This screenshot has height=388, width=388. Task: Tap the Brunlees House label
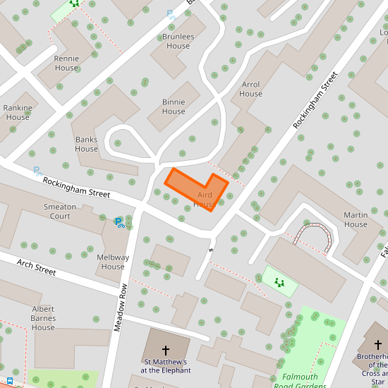(178, 41)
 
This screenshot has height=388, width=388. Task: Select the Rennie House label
(66, 63)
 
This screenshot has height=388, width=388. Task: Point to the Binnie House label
(174, 107)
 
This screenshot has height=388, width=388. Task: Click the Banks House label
(87, 144)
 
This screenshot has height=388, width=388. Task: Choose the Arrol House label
(250, 89)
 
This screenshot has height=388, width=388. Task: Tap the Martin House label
(356, 219)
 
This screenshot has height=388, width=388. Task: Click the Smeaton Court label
(60, 211)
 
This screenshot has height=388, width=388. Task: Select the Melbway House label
(113, 262)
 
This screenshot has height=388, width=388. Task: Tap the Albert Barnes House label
(43, 318)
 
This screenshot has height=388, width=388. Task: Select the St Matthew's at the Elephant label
(166, 366)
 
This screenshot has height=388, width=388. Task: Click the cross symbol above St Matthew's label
(166, 349)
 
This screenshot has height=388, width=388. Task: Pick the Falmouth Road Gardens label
(305, 382)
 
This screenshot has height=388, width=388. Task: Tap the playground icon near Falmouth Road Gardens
(280, 282)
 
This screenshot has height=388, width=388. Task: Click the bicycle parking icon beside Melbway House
(119, 223)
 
